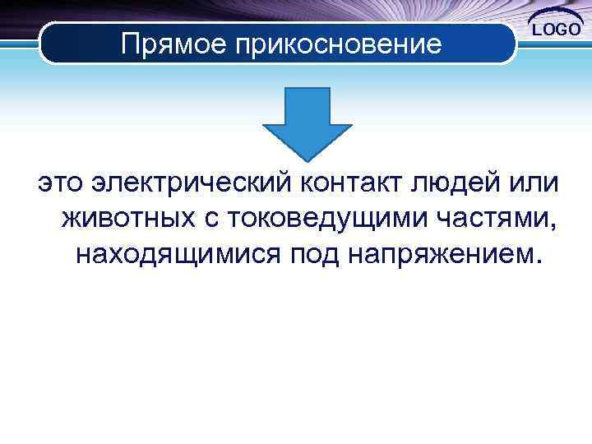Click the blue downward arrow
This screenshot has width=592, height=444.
pos(308,123)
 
